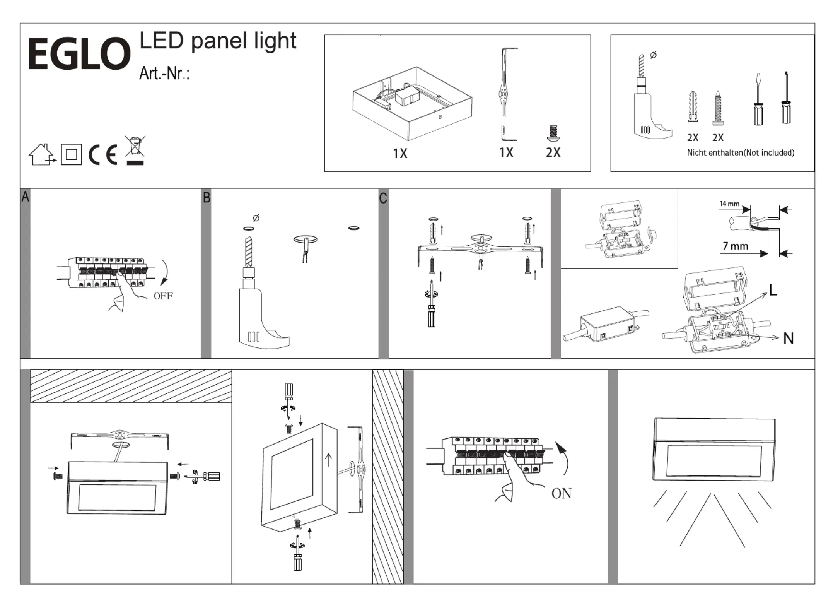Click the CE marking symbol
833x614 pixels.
[x=102, y=155]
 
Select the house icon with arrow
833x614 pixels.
[x=42, y=155]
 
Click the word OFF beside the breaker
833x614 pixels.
[x=163, y=296]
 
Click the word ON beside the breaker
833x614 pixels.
[x=561, y=494]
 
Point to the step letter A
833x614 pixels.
[x=25, y=197]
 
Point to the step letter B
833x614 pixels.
[x=207, y=198]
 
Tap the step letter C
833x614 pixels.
[x=383, y=198]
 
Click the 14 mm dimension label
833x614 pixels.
[x=729, y=204]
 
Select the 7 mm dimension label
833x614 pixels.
[x=735, y=246]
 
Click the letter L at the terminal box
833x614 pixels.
[x=773, y=290]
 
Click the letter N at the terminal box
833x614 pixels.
[x=788, y=339]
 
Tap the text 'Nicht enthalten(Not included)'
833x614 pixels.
[x=741, y=152]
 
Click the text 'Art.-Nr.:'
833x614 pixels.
[x=164, y=73]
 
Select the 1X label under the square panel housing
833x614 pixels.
[x=400, y=154]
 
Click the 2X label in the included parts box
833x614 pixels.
[x=553, y=152]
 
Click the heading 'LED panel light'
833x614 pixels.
[x=218, y=41]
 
